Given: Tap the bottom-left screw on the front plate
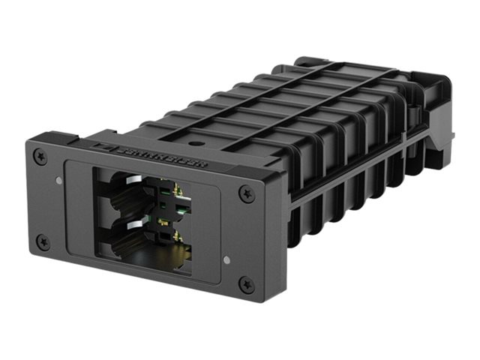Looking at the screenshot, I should tap(43, 242).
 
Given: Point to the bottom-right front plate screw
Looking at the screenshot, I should tap(247, 283).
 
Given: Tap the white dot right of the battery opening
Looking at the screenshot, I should tap(226, 260).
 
